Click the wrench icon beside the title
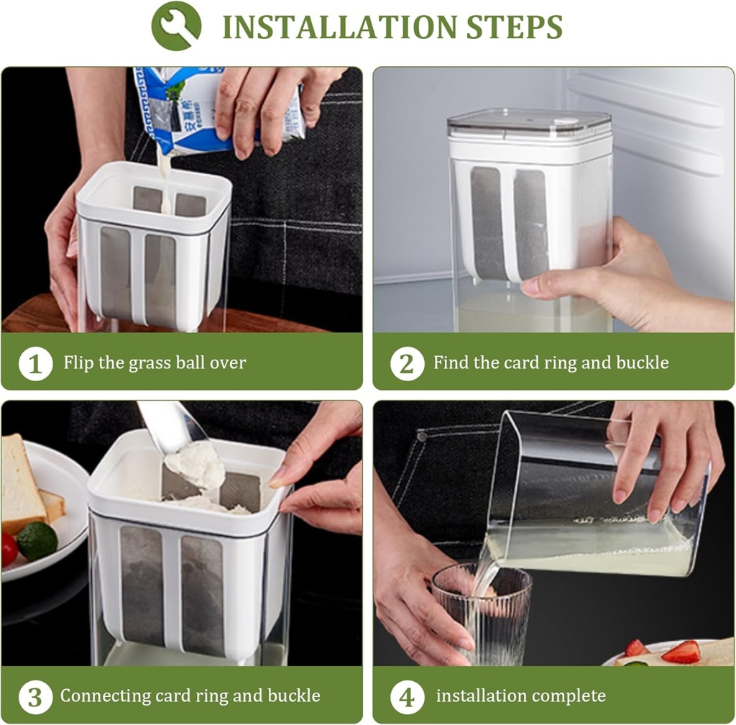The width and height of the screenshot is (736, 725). point(176,26)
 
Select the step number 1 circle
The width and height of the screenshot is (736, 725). point(35,363)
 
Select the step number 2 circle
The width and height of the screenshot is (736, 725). point(407,363)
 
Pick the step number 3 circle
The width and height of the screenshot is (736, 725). point(35,696)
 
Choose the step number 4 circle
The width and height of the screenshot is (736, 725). point(407,696)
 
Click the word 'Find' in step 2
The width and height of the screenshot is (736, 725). point(450,362)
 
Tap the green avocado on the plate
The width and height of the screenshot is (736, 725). point(37,541)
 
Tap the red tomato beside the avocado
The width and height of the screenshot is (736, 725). point(9,550)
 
